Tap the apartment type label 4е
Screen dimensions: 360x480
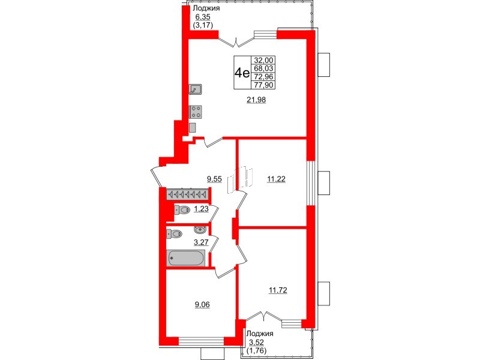(x=242, y=73)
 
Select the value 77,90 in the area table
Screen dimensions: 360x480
(x=263, y=85)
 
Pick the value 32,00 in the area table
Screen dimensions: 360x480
(x=263, y=60)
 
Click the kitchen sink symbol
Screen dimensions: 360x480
(x=196, y=90)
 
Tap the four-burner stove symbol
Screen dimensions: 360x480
(x=196, y=111)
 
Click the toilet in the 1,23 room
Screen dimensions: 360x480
(x=182, y=210)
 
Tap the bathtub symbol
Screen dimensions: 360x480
(x=187, y=259)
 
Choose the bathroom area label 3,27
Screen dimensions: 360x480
(x=201, y=243)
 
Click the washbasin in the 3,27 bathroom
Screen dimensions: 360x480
(x=199, y=229)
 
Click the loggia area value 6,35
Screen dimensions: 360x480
(x=202, y=17)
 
